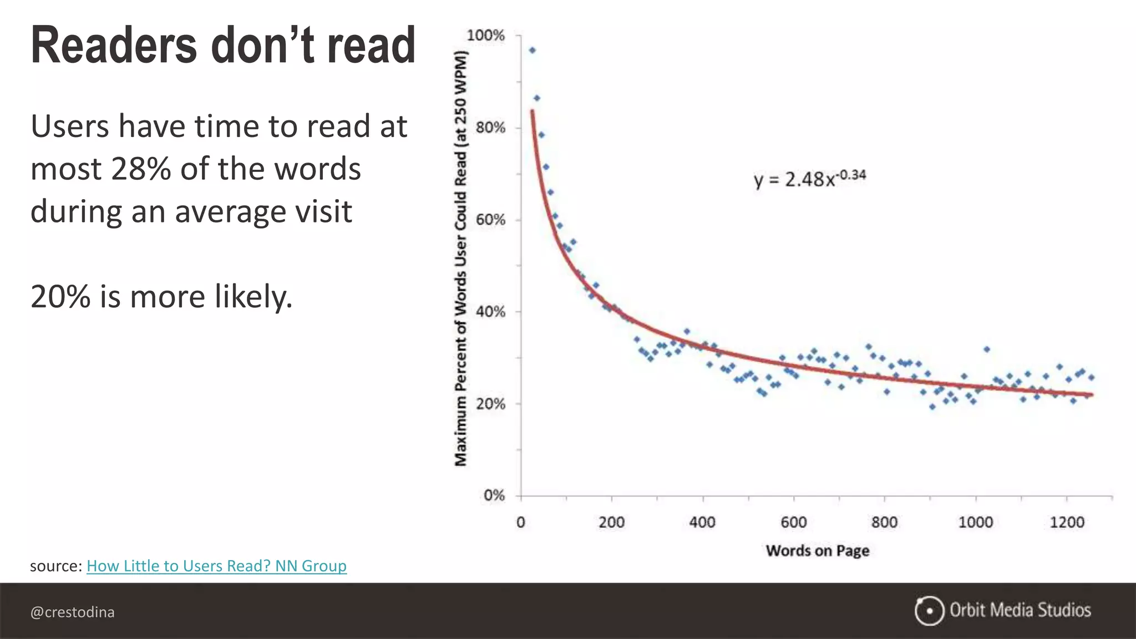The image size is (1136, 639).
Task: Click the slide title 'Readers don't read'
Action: [223, 45]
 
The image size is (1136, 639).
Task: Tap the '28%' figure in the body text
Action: [141, 169]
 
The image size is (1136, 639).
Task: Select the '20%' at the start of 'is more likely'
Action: [60, 297]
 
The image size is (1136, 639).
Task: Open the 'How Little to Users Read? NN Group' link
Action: [216, 566]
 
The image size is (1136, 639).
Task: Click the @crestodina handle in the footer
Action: [73, 612]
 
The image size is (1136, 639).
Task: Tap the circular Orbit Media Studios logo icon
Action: [929, 611]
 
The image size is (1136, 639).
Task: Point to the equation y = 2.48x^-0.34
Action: [809, 179]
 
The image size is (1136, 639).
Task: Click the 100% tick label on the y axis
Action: [485, 35]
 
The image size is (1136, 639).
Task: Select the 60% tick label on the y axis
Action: [490, 220]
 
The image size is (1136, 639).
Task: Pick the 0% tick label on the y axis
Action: [494, 495]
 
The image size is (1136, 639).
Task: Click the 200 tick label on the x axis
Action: [611, 523]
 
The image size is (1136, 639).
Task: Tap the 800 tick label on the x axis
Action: [884, 523]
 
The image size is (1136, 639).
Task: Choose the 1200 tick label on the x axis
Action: [1067, 523]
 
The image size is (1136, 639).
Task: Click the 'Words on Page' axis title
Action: [817, 551]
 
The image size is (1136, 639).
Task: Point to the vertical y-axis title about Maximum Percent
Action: [461, 258]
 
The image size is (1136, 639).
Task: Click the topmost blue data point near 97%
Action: [532, 50]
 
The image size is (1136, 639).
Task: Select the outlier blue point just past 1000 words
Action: [986, 349]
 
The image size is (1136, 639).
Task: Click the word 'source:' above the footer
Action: [56, 566]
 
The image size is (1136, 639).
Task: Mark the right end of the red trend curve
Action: [1092, 395]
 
